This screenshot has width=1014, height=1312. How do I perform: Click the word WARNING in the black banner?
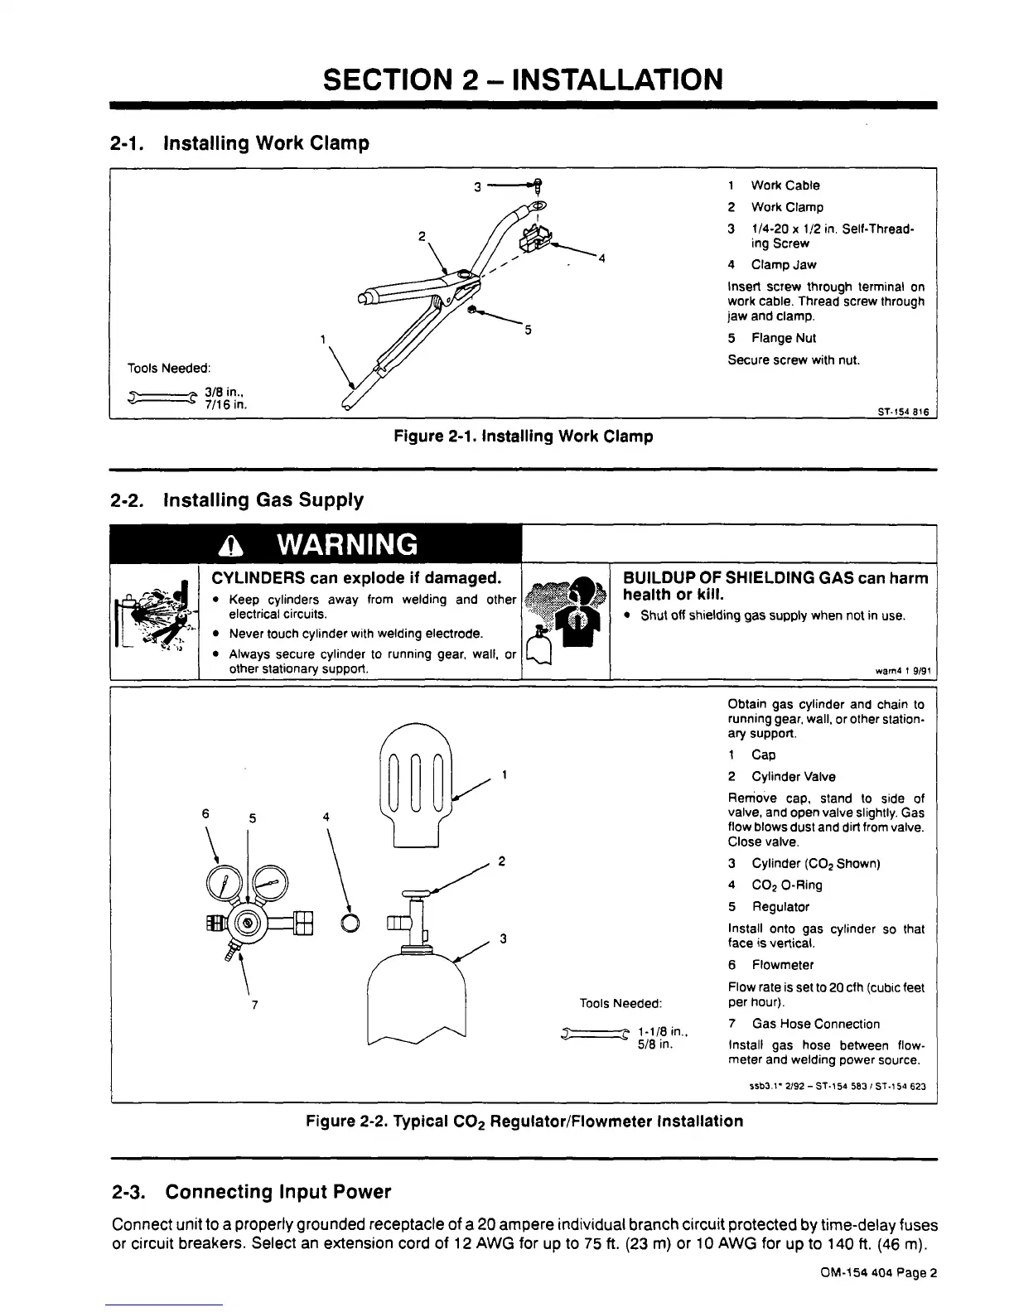coord(346,544)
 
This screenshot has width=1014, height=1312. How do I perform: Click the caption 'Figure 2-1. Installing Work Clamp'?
coord(523,436)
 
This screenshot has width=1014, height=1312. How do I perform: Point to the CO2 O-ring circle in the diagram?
coord(350,923)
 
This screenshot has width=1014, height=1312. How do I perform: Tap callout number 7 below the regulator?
coord(254,1006)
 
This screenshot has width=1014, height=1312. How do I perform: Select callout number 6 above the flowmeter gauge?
coord(205,813)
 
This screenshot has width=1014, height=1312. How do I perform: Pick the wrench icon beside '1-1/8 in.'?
coord(594,1033)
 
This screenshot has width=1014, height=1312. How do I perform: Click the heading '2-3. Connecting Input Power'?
coord(250,1192)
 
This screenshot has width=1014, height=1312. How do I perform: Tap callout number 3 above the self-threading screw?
coord(478,186)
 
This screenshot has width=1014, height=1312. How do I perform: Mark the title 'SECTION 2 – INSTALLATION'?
coord(523,80)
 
